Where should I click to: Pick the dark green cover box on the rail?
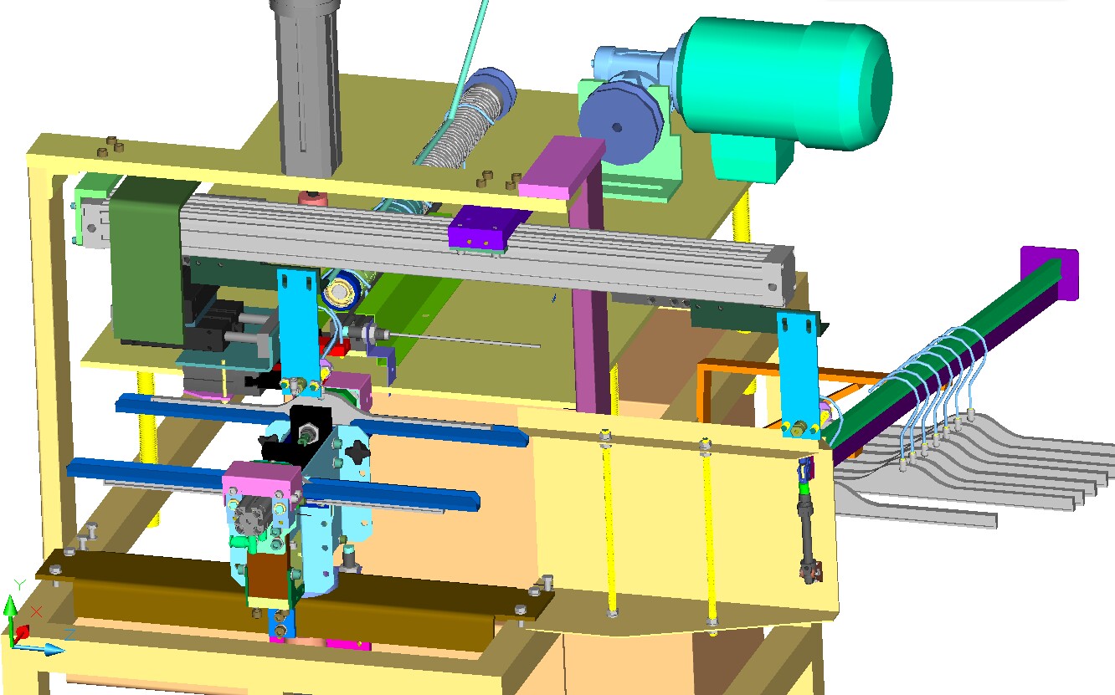coord(146,261)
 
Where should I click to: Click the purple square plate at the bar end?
coord(1051,273)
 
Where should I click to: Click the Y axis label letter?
coord(19,585)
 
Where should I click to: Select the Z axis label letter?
coord(70,634)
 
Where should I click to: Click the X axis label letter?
coord(36,611)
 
